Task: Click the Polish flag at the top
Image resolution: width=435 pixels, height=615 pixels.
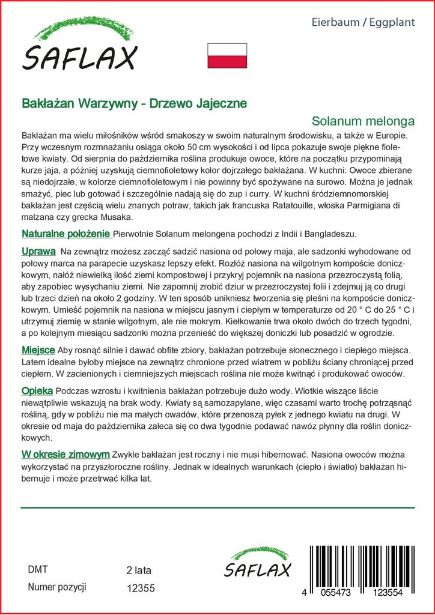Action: (x=227, y=55)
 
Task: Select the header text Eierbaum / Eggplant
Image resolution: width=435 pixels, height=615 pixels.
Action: (x=364, y=22)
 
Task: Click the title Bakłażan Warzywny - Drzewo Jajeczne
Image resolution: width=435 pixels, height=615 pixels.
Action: (x=133, y=103)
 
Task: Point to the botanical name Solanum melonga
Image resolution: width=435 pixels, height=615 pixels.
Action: (x=364, y=120)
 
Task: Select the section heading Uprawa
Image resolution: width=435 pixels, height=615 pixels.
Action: (x=38, y=250)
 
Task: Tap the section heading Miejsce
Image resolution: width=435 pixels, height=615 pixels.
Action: (x=38, y=350)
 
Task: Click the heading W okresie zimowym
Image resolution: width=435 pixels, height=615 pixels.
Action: (x=65, y=455)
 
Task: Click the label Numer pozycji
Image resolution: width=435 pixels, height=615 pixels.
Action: (x=58, y=587)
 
